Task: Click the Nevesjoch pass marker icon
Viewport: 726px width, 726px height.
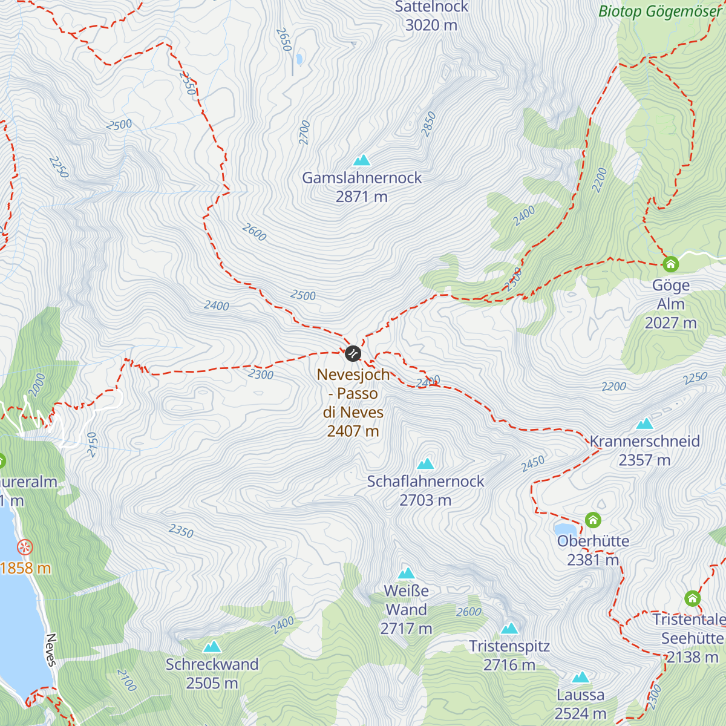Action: (x=353, y=353)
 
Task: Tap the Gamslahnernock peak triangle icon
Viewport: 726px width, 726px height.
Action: (x=362, y=160)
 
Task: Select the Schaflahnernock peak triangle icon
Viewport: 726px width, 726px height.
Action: (x=426, y=464)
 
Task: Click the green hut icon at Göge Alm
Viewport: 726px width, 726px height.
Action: (x=670, y=264)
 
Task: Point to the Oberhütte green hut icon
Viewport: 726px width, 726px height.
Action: (x=593, y=520)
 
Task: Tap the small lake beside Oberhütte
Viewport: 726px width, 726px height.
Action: (x=564, y=531)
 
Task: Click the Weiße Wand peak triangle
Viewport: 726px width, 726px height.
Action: (x=406, y=574)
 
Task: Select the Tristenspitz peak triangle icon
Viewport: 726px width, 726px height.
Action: (x=509, y=629)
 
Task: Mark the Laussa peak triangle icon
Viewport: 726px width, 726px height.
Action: (x=581, y=677)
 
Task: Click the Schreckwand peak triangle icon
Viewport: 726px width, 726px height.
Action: (x=212, y=647)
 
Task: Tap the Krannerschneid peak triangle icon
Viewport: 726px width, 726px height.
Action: (x=645, y=423)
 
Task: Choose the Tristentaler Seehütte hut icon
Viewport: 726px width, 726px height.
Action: (x=692, y=599)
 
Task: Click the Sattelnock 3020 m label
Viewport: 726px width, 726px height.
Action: (x=431, y=16)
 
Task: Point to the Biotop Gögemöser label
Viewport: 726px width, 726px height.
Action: (x=659, y=11)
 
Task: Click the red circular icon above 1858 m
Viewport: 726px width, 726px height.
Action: (x=25, y=548)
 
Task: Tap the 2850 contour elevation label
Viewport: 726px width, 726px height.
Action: (x=429, y=124)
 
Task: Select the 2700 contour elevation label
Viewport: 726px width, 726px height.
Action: (x=304, y=132)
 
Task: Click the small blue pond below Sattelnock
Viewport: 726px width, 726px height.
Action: (x=298, y=59)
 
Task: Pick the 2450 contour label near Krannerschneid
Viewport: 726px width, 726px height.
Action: (x=533, y=464)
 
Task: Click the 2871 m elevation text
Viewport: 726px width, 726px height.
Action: (x=362, y=197)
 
